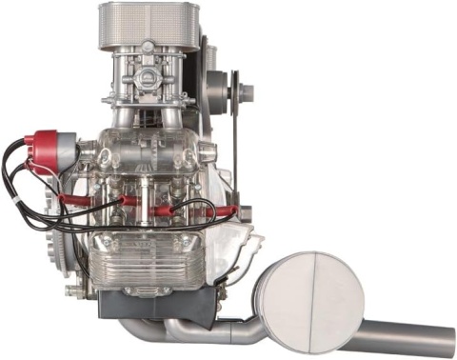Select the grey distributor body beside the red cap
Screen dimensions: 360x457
[x=68, y=145]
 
